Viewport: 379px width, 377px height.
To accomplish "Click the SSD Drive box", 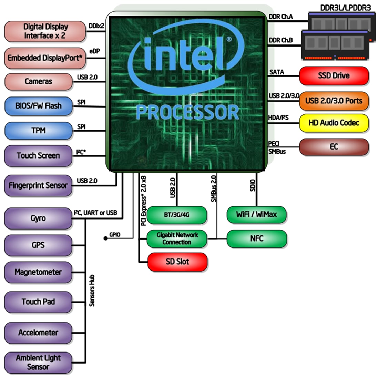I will [x=334, y=76].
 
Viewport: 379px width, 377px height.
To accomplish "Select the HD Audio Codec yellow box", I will [x=334, y=123].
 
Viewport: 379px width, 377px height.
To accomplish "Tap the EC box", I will [x=334, y=147].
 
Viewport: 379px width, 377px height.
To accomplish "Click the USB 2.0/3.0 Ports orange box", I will [x=334, y=101].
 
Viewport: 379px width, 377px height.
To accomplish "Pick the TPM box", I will [x=38, y=131].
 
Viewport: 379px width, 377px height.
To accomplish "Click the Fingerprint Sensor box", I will [x=38, y=185].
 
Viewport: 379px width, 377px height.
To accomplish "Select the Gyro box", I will [x=38, y=218].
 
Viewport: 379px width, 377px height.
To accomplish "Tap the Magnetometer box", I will [x=38, y=272].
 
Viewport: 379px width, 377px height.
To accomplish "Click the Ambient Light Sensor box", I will [x=38, y=363].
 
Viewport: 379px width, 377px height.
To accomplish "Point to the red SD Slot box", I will [x=177, y=262].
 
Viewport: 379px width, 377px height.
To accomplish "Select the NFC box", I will [x=257, y=238].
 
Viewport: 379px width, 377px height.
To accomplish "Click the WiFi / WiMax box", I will [x=257, y=214].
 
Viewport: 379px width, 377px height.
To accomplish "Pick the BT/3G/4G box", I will [x=177, y=215].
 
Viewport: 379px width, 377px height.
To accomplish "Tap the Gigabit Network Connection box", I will [x=177, y=238].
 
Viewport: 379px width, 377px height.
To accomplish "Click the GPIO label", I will [x=115, y=235].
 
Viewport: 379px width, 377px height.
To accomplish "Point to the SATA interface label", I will [x=277, y=72].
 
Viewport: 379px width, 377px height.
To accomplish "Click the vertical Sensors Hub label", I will [x=92, y=291].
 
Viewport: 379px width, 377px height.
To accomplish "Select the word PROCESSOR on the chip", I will [x=187, y=112].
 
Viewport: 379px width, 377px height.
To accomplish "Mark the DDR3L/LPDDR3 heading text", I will [x=345, y=7].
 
